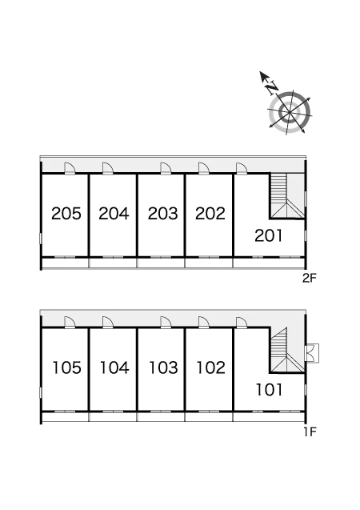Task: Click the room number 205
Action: pyautogui.click(x=66, y=214)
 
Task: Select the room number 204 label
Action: pyautogui.click(x=114, y=214)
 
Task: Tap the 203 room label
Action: pyautogui.click(x=162, y=214)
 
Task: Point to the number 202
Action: pyautogui.click(x=210, y=214)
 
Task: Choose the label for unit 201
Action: pyautogui.click(x=268, y=236)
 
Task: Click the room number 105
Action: pyautogui.click(x=67, y=367)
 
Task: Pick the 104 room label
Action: pyautogui.click(x=114, y=367)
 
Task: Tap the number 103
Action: pyautogui.click(x=163, y=367)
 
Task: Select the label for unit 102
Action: pyautogui.click(x=211, y=367)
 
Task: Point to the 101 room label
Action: pyautogui.click(x=269, y=390)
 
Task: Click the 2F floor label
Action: pyautogui.click(x=309, y=278)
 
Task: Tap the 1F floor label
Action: pyautogui.click(x=310, y=432)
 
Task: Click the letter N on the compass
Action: pyautogui.click(x=272, y=88)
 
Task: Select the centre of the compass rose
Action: pyautogui.click(x=289, y=113)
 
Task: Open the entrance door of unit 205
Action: pyautogui.click(x=70, y=168)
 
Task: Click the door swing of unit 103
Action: pyautogui.click(x=166, y=323)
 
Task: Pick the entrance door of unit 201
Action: pyautogui.click(x=242, y=168)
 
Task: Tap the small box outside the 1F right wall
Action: pyautogui.click(x=313, y=352)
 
